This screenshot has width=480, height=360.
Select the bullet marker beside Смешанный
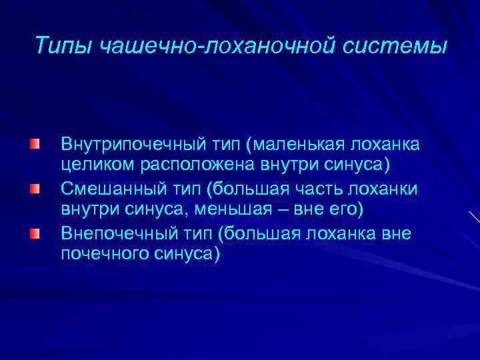pos(33,189)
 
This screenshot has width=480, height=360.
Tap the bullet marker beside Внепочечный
pos(33,233)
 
